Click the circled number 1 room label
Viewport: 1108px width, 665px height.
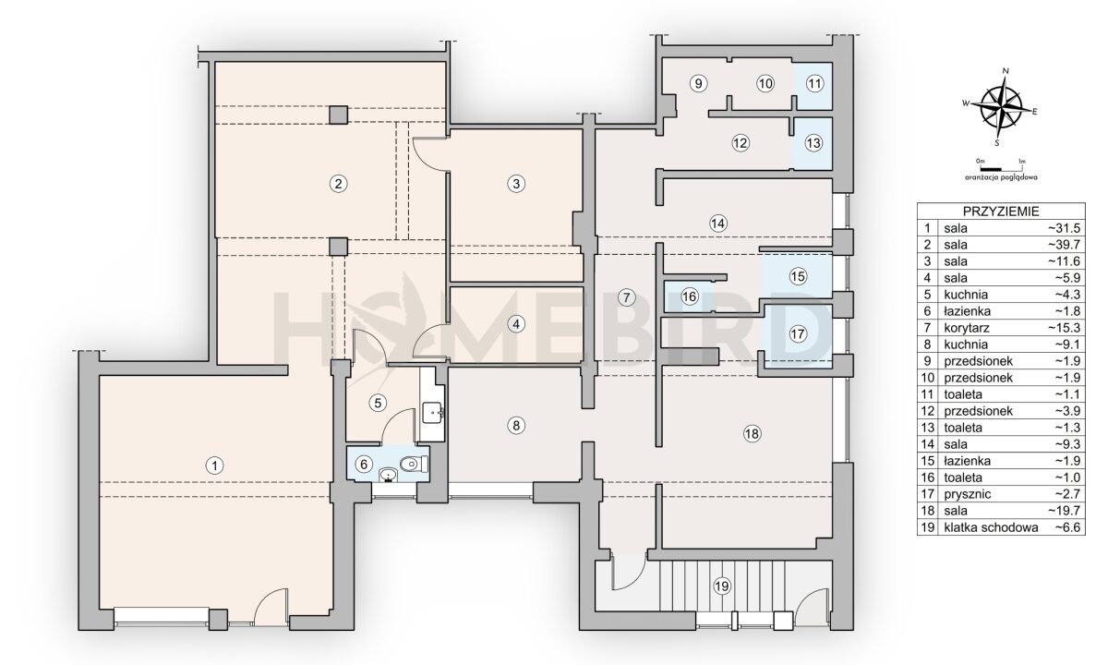[x=214, y=465]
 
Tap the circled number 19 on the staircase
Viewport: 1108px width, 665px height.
[x=722, y=586]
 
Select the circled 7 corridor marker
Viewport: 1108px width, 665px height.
[x=627, y=297]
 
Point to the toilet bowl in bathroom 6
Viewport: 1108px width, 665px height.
[x=413, y=464]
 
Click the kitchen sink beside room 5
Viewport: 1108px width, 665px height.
[x=433, y=412]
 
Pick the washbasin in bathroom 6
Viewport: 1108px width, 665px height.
[x=389, y=476]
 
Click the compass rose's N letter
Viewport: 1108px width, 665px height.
[x=1006, y=71]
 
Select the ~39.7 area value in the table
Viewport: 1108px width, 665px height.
[x=1064, y=245]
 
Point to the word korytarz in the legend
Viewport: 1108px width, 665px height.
[x=966, y=328]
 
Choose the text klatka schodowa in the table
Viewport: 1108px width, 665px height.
[x=991, y=527]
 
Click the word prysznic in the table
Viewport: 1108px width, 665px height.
[x=967, y=494]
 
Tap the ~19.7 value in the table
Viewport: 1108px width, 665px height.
[x=1064, y=511]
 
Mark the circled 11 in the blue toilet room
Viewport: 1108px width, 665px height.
[x=814, y=84]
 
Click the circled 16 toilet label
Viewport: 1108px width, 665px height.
[x=689, y=296]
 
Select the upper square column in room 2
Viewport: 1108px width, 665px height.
[x=339, y=115]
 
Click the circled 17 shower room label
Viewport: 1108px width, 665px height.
[x=798, y=334]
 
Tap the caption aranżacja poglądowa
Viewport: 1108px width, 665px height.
[x=1001, y=177]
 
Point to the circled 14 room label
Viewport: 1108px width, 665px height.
[x=717, y=224]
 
